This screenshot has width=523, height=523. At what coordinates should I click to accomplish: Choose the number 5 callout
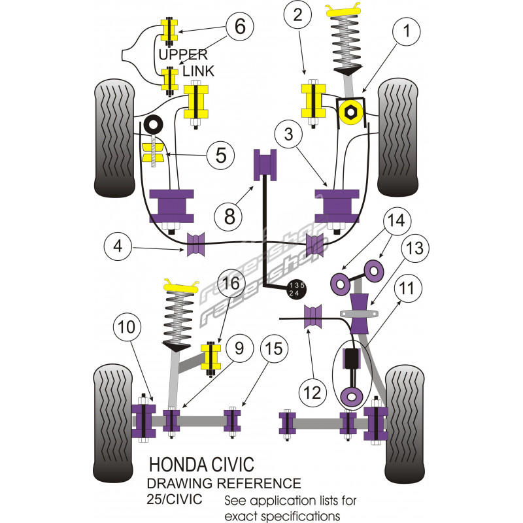click(x=221, y=155)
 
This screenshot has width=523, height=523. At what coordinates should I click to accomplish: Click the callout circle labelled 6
click(x=240, y=27)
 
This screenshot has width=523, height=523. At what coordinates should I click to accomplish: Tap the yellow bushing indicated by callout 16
click(x=211, y=358)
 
